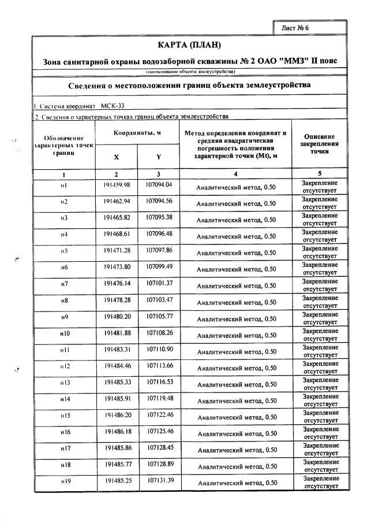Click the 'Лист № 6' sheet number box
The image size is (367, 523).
(309, 27)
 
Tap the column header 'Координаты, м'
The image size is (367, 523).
(136, 133)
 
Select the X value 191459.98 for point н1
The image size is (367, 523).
(117, 185)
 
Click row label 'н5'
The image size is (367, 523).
(64, 251)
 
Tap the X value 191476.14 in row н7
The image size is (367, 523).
(117, 284)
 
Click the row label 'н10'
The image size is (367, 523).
(64, 333)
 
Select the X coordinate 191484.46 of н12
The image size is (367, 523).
(117, 366)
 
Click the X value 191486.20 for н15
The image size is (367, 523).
(117, 416)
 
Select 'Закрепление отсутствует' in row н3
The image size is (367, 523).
(319, 219)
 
